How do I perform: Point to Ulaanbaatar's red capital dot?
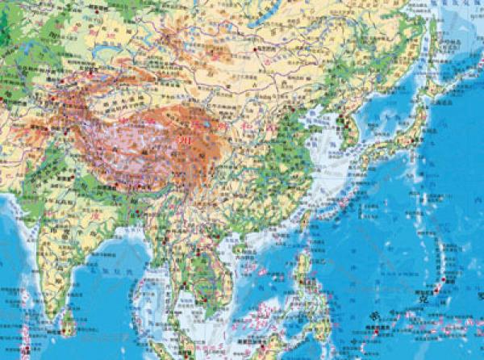point(256,51)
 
